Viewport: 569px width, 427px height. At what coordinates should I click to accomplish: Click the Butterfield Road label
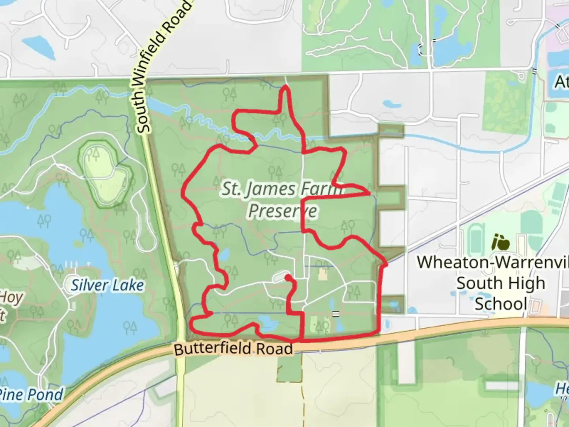233,349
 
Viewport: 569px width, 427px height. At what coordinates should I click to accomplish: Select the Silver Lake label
107,285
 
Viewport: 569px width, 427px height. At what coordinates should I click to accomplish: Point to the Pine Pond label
32,394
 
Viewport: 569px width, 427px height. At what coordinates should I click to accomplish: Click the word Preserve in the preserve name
283,210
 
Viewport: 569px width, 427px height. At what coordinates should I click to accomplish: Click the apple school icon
500,242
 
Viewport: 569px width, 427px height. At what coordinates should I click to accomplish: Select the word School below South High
501,304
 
